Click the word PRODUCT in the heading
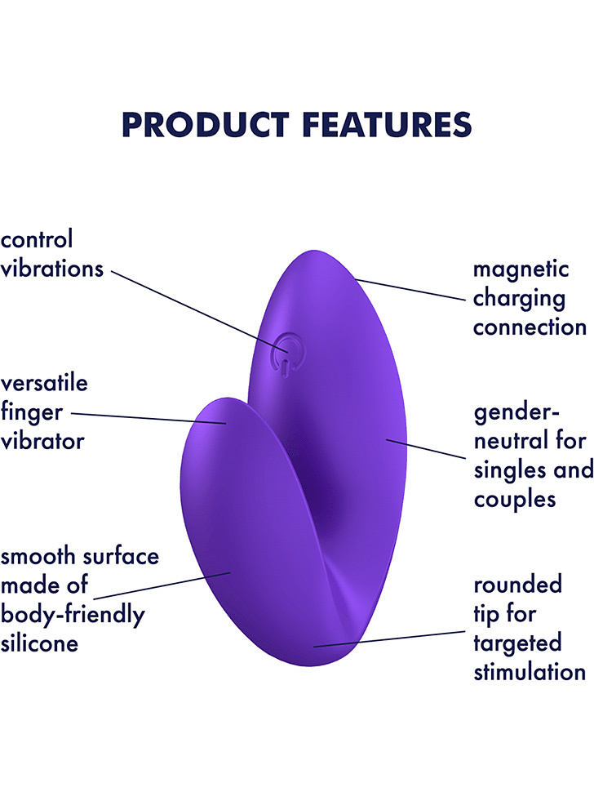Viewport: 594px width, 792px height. click(206, 125)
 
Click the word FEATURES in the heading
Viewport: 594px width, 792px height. click(387, 125)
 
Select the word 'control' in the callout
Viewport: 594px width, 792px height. click(37, 239)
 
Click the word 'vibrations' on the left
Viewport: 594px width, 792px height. click(52, 268)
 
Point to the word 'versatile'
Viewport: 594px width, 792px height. click(44, 383)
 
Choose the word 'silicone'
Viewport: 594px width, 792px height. click(39, 643)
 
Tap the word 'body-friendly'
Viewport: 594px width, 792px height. click(73, 616)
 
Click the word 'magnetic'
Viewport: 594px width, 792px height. click(521, 270)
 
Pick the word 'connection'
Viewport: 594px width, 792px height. click(530, 327)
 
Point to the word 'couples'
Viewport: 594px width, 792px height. click(515, 501)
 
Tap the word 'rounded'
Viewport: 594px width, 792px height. click(518, 585)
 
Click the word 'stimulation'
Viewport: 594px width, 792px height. click(530, 672)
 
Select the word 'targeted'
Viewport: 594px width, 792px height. click(518, 644)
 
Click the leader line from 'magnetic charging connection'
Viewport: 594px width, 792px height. click(410, 289)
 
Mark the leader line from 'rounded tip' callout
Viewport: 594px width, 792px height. click(389, 639)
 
